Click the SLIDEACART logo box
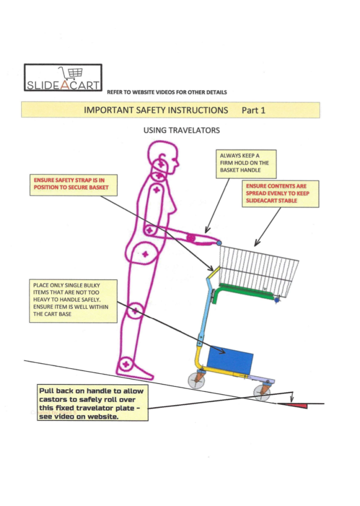[63, 78]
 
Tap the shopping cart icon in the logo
[70, 73]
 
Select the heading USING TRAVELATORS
[180, 130]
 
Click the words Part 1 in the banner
[253, 110]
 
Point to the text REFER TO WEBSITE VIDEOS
[163, 92]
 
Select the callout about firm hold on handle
[245, 164]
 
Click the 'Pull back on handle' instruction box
[92, 403]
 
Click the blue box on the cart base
[230, 360]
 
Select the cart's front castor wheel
[262, 393]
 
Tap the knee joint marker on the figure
[135, 311]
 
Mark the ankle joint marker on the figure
[126, 364]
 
